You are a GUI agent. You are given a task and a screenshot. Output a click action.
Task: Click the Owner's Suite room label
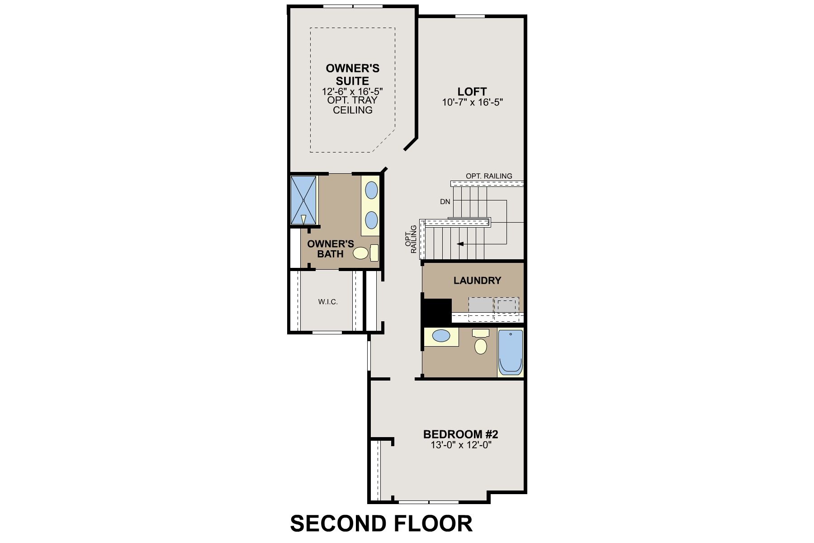353,75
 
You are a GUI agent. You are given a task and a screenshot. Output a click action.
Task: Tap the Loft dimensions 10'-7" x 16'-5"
473,102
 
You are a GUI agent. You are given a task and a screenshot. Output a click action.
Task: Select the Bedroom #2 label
460,434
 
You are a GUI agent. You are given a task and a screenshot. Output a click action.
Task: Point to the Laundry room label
477,281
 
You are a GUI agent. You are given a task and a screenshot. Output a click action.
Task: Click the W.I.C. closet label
328,302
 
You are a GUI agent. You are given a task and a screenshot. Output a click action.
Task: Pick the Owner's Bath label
330,249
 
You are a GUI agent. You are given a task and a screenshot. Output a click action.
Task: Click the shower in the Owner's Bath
303,200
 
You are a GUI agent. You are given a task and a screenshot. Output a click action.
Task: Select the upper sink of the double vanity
371,190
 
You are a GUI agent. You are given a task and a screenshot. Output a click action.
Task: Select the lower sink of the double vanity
371,220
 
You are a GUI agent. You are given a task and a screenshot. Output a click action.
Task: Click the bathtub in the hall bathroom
511,352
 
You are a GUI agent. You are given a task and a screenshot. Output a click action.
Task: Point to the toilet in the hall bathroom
481,342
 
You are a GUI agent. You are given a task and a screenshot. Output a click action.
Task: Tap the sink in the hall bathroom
441,336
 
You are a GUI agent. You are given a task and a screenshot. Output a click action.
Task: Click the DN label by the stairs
445,202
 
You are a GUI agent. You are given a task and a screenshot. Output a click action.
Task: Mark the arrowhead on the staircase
460,244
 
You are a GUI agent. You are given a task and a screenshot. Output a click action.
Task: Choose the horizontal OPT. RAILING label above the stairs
489,176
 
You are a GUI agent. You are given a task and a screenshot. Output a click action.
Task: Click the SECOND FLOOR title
381,524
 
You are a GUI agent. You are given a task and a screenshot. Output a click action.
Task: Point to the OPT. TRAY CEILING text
353,105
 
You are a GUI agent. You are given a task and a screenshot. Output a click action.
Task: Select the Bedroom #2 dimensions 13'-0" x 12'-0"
461,445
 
